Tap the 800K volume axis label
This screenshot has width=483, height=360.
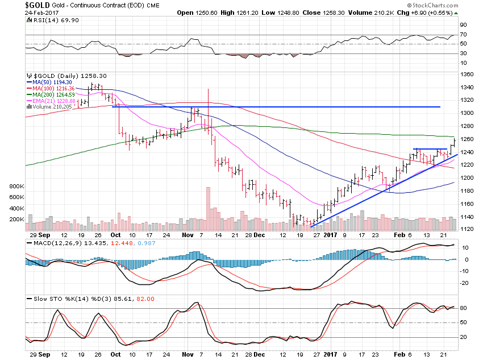coord(16,186)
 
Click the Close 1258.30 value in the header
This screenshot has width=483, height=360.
coord(318,12)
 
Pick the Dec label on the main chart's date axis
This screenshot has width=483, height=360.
coord(259,234)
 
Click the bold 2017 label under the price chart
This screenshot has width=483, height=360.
coord(330,234)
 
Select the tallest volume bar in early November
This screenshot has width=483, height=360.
coord(209,208)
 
